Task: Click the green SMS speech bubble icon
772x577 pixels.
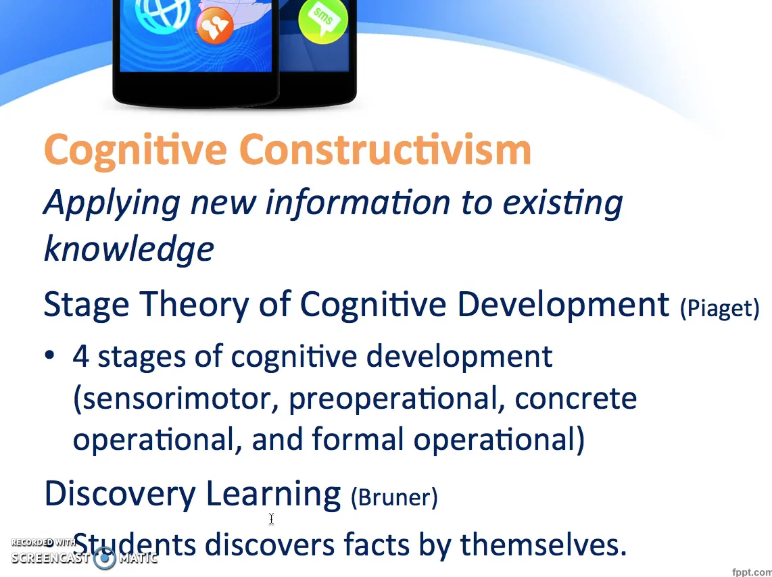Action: (x=323, y=20)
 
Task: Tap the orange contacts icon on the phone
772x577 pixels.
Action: (x=215, y=25)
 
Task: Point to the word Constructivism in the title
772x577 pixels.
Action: (x=385, y=149)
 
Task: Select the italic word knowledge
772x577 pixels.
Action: (x=129, y=249)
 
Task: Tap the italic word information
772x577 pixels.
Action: (x=358, y=202)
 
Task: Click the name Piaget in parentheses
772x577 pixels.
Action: (x=720, y=308)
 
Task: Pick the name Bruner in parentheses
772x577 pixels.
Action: (x=394, y=497)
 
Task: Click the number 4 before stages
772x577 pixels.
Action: (x=80, y=356)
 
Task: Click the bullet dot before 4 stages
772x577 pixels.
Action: (x=49, y=355)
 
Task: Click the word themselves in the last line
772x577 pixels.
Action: (x=544, y=545)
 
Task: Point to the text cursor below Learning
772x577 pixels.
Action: (x=271, y=519)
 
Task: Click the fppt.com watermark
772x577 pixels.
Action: (x=752, y=572)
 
